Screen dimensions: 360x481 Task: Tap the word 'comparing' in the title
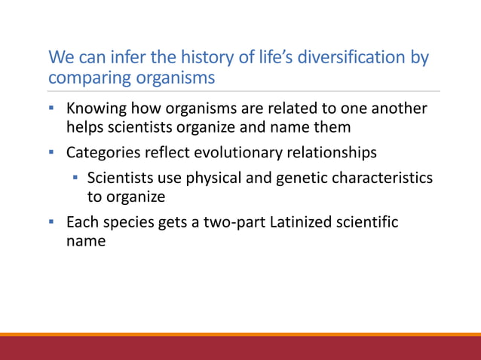coord(84,78)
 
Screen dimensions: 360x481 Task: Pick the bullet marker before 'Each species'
coord(52,223)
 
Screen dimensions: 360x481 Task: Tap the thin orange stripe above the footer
coord(240,334)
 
